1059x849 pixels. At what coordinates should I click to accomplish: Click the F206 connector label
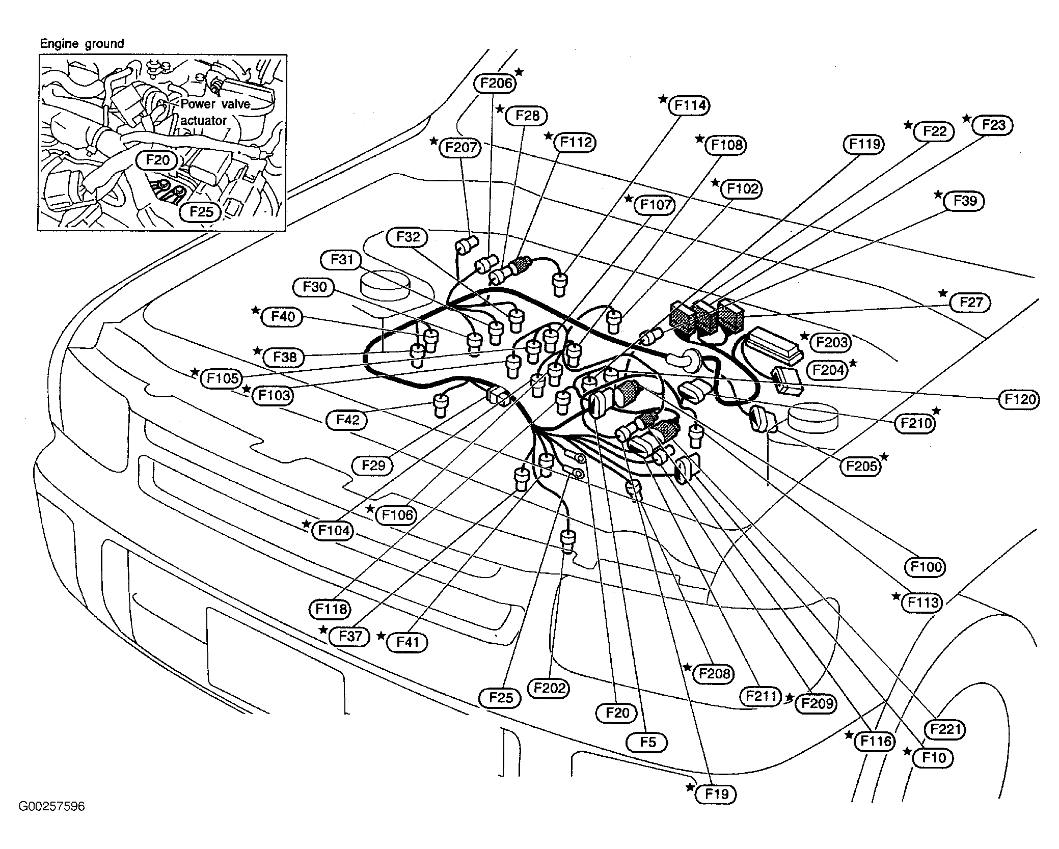[495, 83]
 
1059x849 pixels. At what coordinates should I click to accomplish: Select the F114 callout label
[690, 105]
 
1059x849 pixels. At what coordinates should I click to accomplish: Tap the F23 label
[993, 125]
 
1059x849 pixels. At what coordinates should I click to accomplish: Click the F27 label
[970, 303]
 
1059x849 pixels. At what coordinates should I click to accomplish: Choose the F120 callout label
[1020, 399]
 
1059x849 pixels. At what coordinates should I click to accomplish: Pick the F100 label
[925, 566]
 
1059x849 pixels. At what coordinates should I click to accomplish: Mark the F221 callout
[945, 729]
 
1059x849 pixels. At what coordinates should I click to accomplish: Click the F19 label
[716, 794]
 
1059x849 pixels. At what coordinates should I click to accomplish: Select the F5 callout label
[647, 742]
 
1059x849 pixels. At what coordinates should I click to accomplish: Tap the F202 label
[549, 688]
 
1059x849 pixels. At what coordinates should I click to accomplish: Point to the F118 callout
[331, 609]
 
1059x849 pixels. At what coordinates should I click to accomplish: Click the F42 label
[347, 420]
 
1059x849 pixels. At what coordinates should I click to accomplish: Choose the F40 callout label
[282, 317]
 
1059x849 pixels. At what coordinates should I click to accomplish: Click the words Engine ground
[82, 44]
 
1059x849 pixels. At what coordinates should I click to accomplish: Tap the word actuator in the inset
[203, 121]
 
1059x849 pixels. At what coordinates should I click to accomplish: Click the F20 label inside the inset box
[157, 160]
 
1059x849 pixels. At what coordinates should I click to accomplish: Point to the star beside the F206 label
[519, 71]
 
